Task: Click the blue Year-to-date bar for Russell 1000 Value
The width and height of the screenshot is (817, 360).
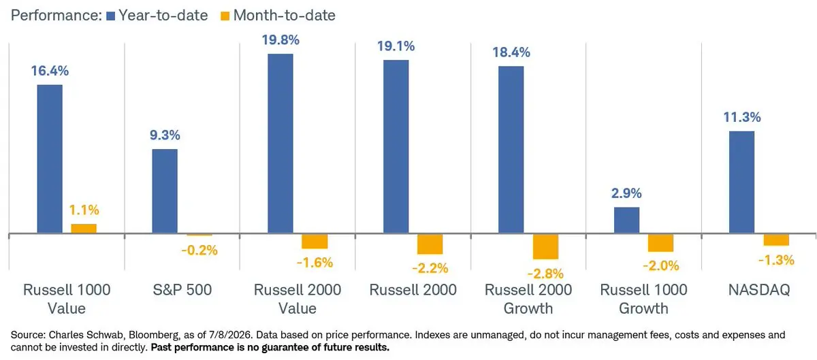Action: click(x=50, y=159)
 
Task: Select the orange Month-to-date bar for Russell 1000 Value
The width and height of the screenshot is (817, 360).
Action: click(x=84, y=229)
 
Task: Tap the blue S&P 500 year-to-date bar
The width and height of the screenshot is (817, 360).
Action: click(x=165, y=191)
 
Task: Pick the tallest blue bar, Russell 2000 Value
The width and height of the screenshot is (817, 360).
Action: click(x=280, y=144)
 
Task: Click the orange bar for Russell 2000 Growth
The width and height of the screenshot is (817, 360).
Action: click(x=545, y=246)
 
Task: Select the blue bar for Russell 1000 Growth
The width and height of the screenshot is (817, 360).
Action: click(x=626, y=220)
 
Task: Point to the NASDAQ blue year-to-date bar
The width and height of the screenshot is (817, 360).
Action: click(x=742, y=182)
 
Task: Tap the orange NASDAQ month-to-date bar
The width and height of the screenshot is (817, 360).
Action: click(x=776, y=240)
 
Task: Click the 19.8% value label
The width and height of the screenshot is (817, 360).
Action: click(x=281, y=39)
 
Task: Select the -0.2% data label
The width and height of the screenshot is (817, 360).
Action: click(x=199, y=250)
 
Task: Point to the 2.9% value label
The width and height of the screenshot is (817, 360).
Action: click(x=626, y=193)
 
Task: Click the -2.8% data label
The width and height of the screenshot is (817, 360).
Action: click(x=545, y=274)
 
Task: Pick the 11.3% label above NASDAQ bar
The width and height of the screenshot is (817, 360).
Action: click(x=742, y=117)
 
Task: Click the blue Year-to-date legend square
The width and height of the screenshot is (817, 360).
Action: click(x=110, y=16)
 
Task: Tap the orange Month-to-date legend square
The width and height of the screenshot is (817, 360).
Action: click(x=225, y=16)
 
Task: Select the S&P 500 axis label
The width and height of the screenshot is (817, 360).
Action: click(x=182, y=290)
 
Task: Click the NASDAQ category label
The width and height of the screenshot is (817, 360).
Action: click(x=759, y=290)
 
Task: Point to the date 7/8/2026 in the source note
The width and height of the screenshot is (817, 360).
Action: click(x=230, y=336)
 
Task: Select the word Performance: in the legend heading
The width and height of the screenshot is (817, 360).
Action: click(x=56, y=16)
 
